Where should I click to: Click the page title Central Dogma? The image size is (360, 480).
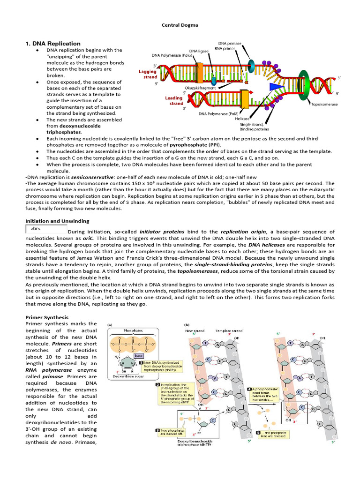(x=180, y=26)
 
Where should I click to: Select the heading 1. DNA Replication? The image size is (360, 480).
(x=52, y=44)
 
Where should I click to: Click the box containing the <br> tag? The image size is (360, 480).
(x=46, y=229)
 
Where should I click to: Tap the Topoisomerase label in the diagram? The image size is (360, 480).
(x=324, y=105)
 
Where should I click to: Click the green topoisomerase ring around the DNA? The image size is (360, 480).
(x=305, y=86)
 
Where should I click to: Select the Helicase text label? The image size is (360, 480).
(x=243, y=119)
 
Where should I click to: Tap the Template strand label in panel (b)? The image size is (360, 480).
(x=229, y=330)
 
